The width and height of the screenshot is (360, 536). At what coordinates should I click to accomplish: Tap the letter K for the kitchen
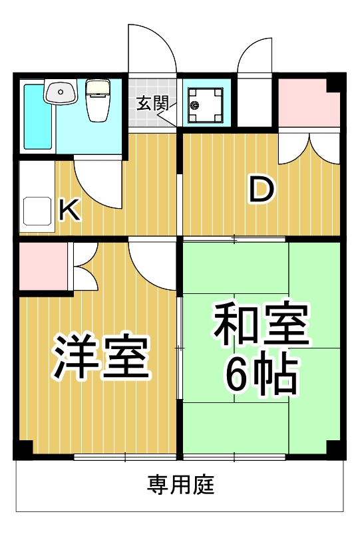point(69,210)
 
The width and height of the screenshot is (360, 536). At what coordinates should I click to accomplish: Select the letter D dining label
point(262,189)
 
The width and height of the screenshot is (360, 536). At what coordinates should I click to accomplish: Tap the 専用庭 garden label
point(180,485)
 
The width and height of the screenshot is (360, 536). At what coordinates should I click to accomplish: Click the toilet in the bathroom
point(98,101)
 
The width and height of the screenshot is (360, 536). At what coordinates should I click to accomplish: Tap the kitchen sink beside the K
point(37,212)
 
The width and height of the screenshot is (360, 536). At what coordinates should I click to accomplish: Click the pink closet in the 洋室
point(43,267)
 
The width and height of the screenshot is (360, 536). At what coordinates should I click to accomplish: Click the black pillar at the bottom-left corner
point(23,450)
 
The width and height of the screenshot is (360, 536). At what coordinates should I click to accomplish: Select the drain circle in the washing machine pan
point(195,104)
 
